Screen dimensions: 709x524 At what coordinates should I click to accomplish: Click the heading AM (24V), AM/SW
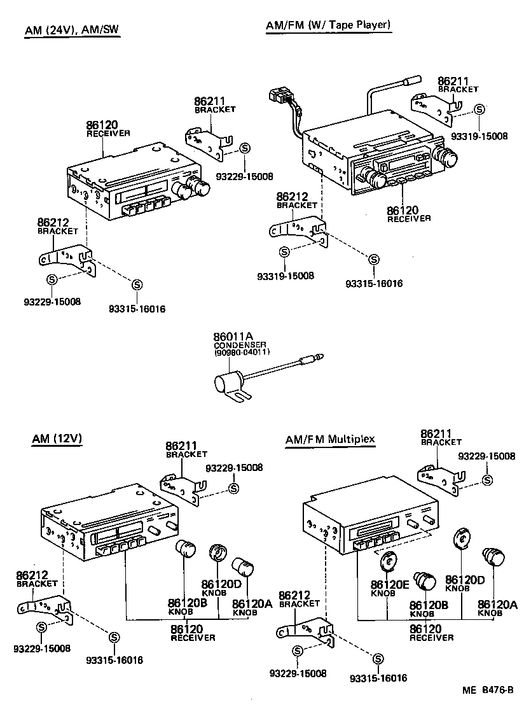click(72, 32)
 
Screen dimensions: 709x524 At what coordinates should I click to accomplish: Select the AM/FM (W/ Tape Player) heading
click(327, 25)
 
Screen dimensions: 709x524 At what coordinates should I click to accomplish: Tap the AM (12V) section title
click(57, 439)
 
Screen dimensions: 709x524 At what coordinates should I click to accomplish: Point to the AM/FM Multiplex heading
click(330, 439)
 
